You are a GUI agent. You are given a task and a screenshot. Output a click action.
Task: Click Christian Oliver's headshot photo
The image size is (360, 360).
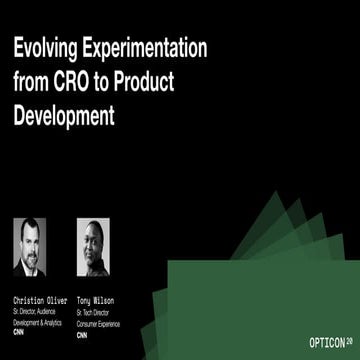click(x=30, y=247)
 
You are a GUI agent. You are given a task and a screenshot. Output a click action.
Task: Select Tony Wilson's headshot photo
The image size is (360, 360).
click(x=93, y=247)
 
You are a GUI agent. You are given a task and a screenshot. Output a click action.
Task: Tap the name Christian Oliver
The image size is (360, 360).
click(x=40, y=299)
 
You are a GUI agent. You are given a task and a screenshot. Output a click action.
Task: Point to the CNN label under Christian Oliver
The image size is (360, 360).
click(x=20, y=330)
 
